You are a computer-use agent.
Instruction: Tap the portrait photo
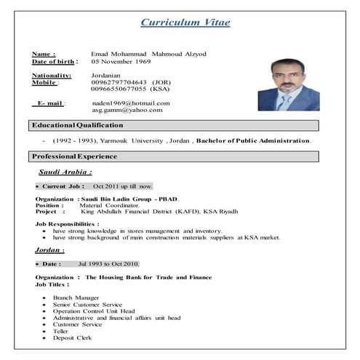tap(288, 84)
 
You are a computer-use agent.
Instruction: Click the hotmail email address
tap(131, 103)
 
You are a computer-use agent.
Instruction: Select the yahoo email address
tap(127, 110)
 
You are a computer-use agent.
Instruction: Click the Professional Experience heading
tap(74, 156)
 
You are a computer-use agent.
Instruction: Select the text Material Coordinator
tap(109, 205)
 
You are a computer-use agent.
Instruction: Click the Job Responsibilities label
tap(67, 225)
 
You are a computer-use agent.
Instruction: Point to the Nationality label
tap(52, 76)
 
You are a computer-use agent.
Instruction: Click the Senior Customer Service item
tap(88, 305)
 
